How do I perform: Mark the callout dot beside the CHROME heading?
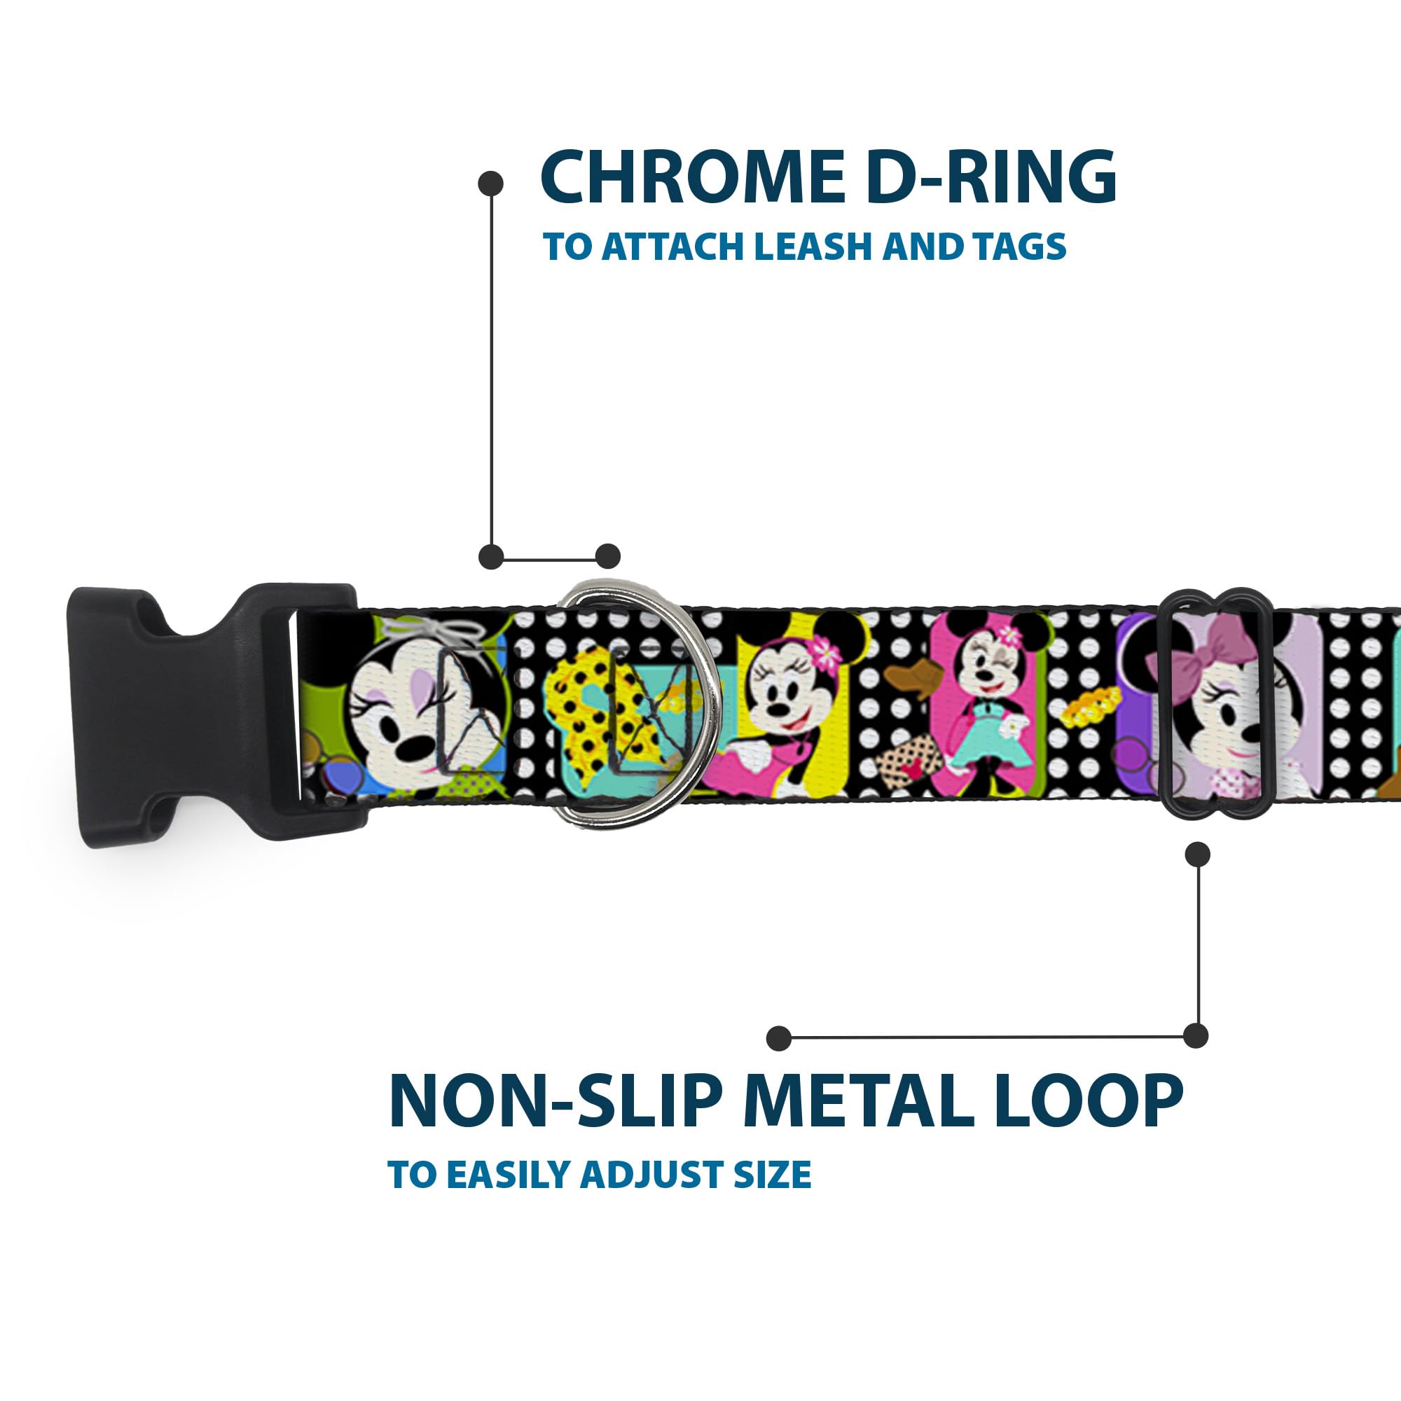point(491,183)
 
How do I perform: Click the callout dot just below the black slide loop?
point(1197,855)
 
